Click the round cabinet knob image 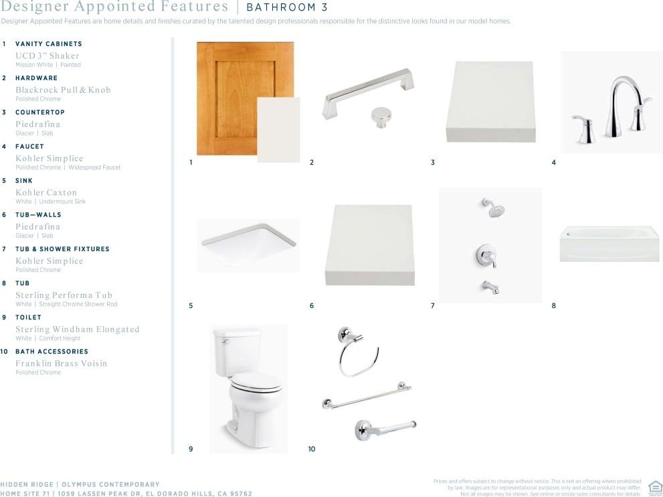tap(381, 117)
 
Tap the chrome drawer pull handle tap(368, 91)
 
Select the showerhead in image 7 tap(494, 207)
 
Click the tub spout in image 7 tap(490, 287)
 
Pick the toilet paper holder tap(385, 430)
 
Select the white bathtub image tap(609, 244)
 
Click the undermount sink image tap(249, 244)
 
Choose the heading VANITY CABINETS tap(49, 44)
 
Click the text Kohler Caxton tap(46, 192)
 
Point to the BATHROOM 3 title tap(287, 7)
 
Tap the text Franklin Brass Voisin tap(62, 363)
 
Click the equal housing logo tap(655, 487)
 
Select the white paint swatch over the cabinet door tap(278, 130)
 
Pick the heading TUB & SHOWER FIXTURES tap(63, 249)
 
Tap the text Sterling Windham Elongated tap(78, 329)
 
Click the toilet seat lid tap(257, 381)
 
